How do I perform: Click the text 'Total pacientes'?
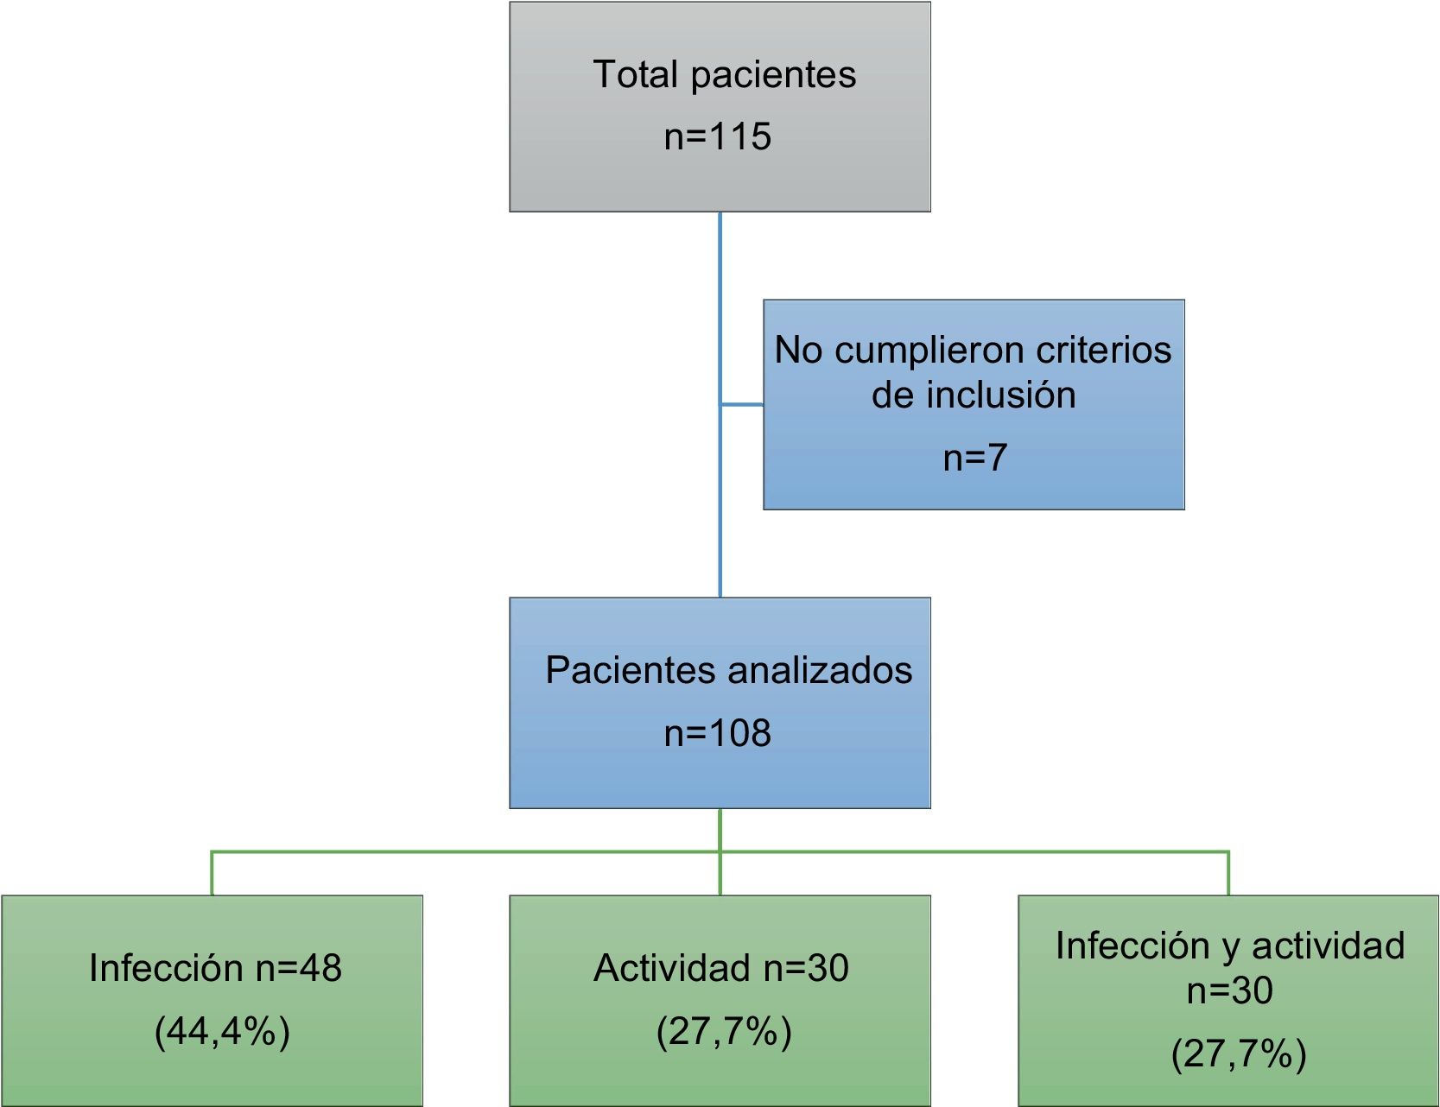[x=724, y=74]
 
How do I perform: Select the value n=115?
[x=717, y=136]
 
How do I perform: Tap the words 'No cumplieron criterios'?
[x=973, y=350]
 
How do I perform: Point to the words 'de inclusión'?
[x=974, y=395]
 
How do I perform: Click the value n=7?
[x=974, y=458]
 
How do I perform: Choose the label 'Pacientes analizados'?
[x=728, y=671]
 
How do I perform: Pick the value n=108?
[x=717, y=734]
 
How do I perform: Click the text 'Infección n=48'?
[x=215, y=968]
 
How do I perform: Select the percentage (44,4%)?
[x=222, y=1031]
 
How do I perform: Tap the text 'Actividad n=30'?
[x=720, y=968]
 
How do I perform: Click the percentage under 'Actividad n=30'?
[x=724, y=1031]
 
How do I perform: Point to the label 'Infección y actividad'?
[x=1229, y=946]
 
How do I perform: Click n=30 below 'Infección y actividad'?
[x=1229, y=990]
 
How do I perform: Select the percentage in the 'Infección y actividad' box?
[x=1238, y=1053]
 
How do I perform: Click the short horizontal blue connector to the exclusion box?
[x=742, y=404]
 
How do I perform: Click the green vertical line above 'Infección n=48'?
[x=212, y=873]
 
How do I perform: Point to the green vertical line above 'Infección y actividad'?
[x=1228, y=873]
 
